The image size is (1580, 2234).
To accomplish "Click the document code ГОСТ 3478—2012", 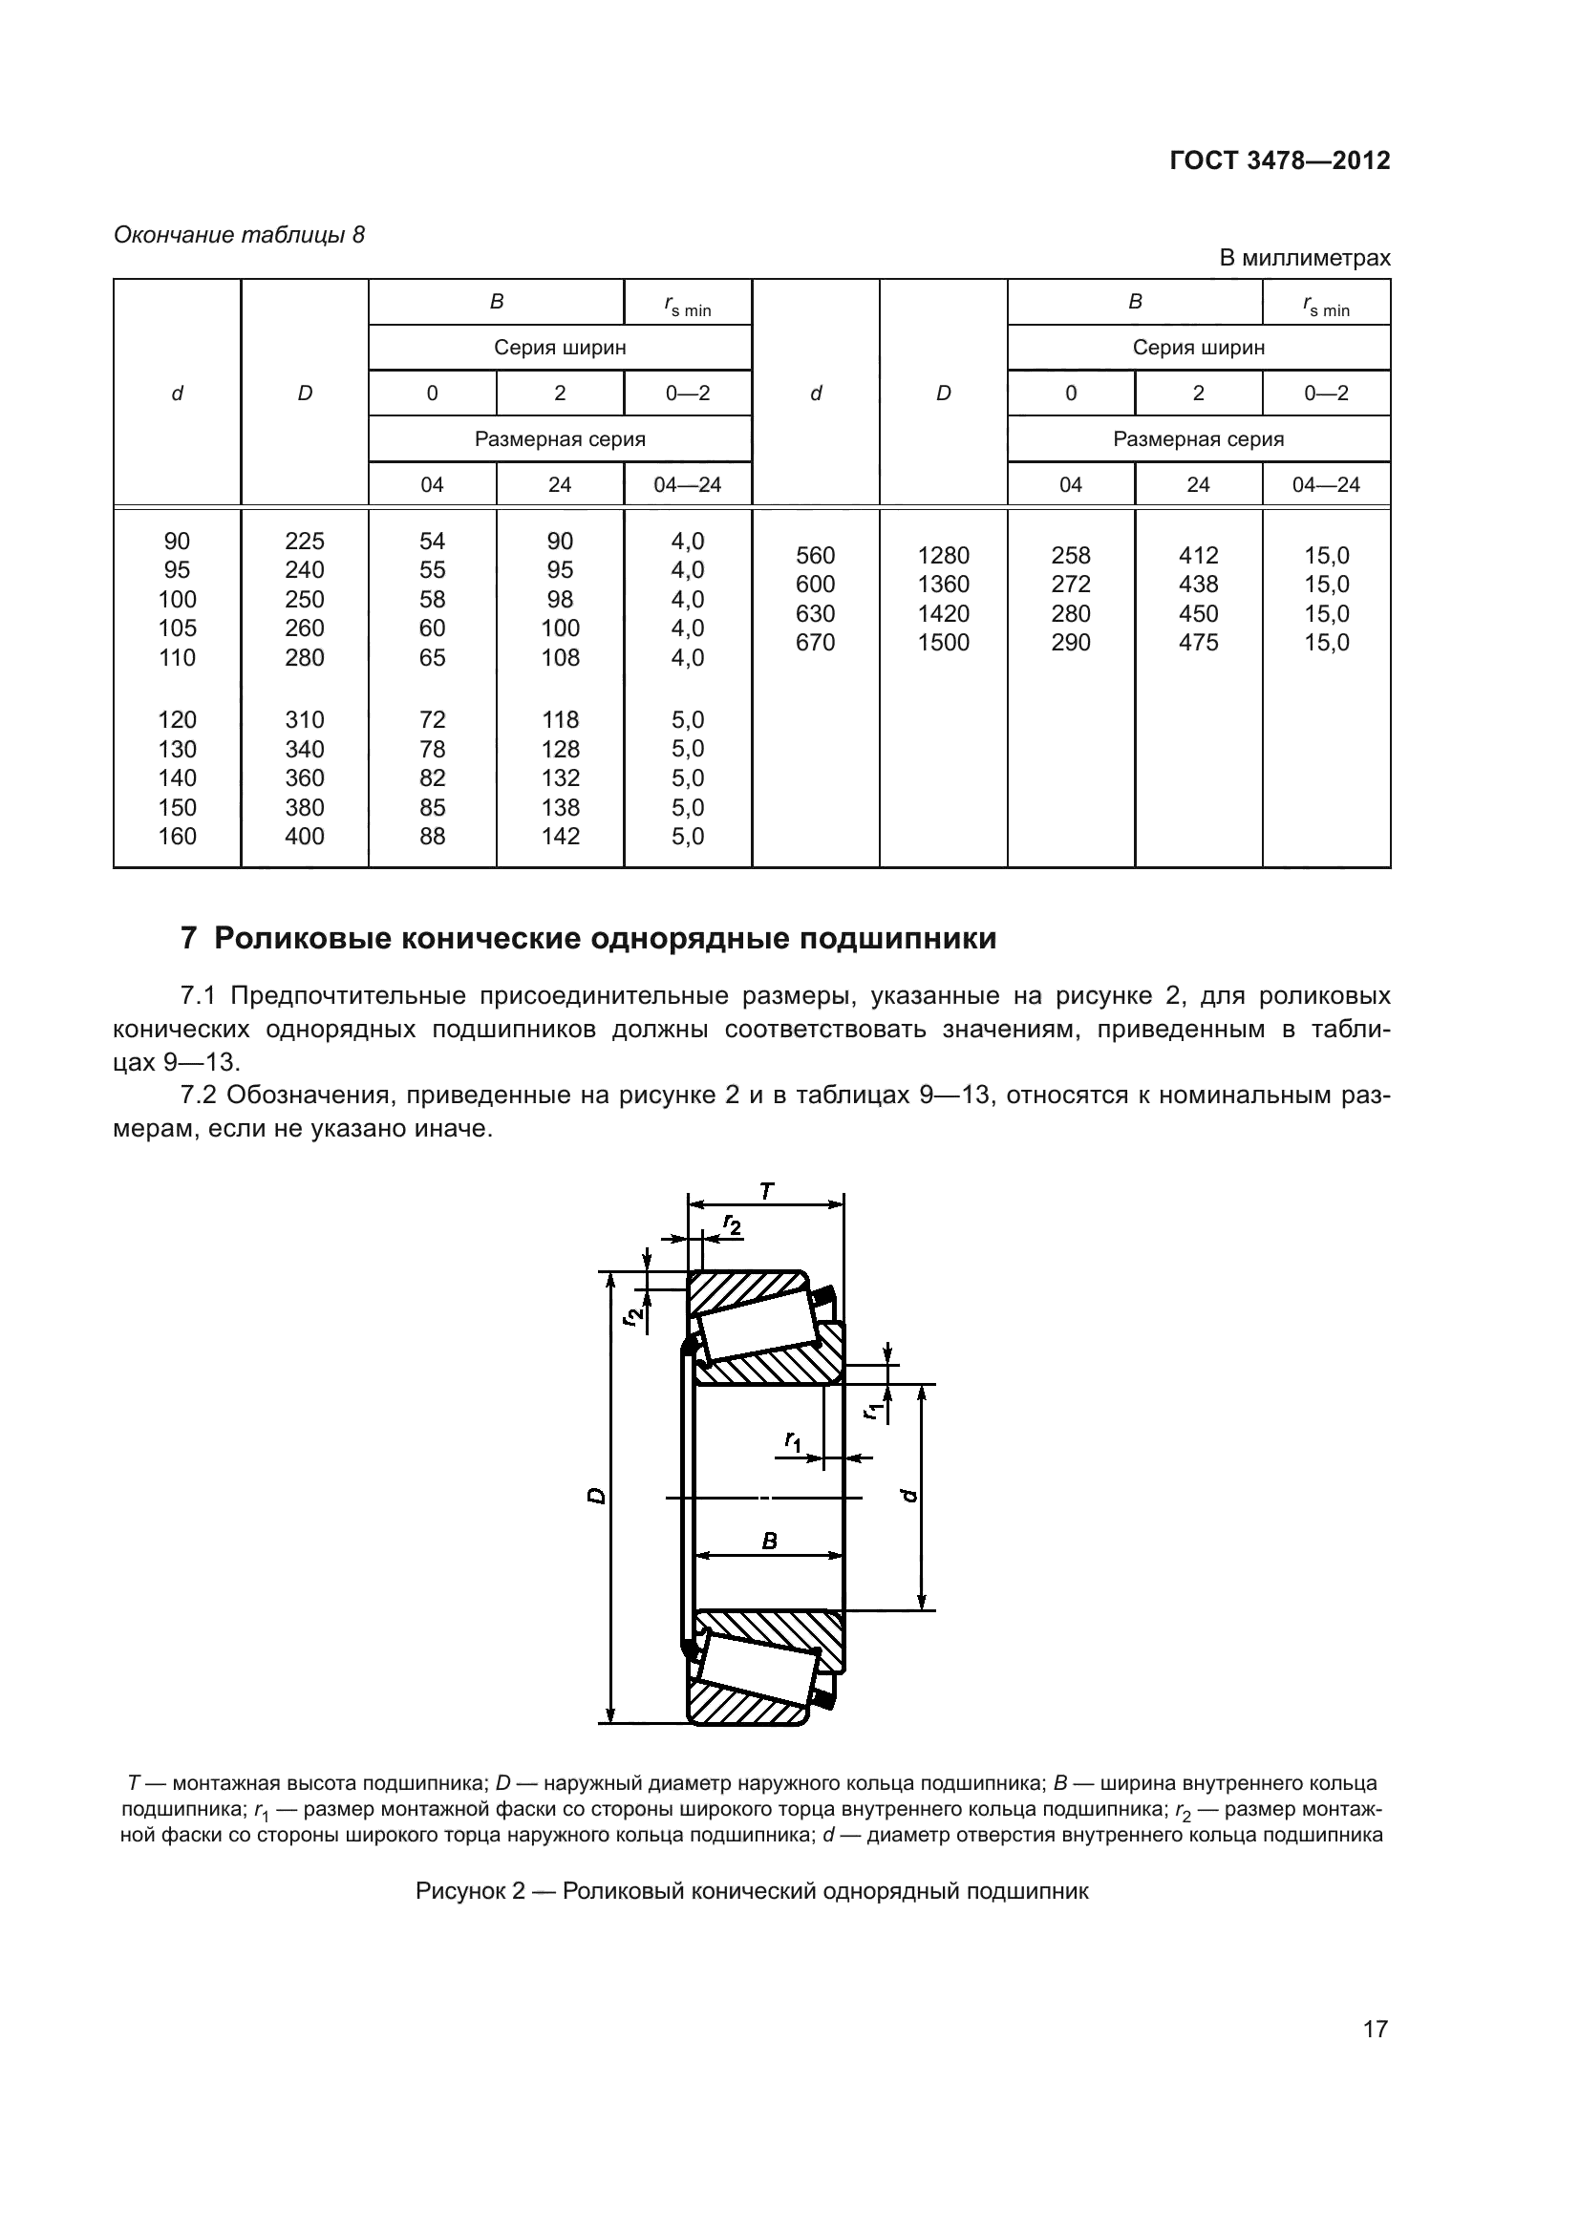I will pyautogui.click(x=1278, y=160).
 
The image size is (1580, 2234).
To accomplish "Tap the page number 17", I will pyautogui.click(x=1375, y=2029).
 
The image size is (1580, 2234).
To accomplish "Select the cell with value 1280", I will pyautogui.click(x=943, y=556).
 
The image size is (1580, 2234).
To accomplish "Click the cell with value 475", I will pyautogui.click(x=1198, y=642).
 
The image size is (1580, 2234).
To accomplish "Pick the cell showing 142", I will pyautogui.click(x=561, y=836).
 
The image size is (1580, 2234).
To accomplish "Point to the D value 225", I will pyautogui.click(x=305, y=541).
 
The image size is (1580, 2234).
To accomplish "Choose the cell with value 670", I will pyautogui.click(x=815, y=642).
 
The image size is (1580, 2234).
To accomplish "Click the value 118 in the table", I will pyautogui.click(x=561, y=720).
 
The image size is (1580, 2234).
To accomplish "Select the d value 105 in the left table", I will pyautogui.click(x=177, y=628).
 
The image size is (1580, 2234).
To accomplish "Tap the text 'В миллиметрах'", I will pyautogui.click(x=1305, y=258).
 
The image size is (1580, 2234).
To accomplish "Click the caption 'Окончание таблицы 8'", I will pyautogui.click(x=240, y=235).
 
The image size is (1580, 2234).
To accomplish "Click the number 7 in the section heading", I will pyautogui.click(x=189, y=939).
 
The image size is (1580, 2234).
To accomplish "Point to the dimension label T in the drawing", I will pyautogui.click(x=767, y=1191).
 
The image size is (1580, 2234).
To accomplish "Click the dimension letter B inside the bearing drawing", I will pyautogui.click(x=770, y=1542).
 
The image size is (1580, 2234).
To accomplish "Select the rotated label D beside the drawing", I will pyautogui.click(x=596, y=1496).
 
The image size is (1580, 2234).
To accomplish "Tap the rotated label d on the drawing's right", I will pyautogui.click(x=909, y=1496).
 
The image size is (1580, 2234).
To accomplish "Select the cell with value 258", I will pyautogui.click(x=1070, y=556).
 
